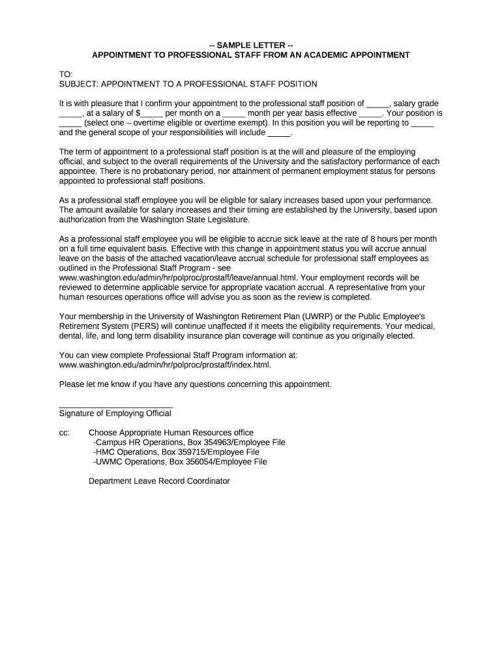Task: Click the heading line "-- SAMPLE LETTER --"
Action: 251,45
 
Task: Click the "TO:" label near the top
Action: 66,74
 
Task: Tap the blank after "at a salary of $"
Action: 153,113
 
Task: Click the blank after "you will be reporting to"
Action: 423,122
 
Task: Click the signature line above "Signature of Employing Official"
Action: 115,406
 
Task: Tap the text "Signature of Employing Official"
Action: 115,414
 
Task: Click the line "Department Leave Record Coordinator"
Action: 159,481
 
